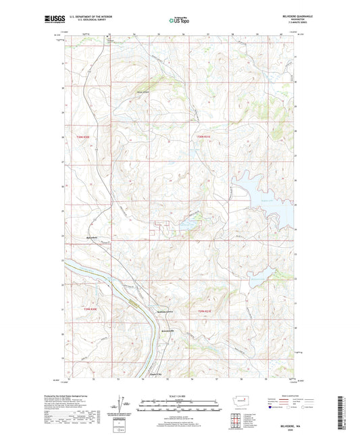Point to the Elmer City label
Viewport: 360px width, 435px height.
click(x=157, y=374)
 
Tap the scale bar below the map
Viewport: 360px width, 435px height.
click(x=180, y=407)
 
